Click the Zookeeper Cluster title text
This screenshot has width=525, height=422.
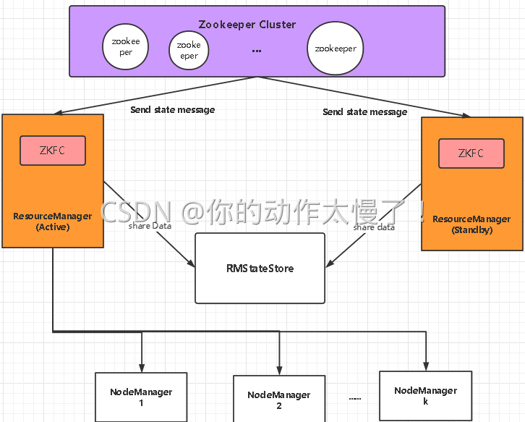(x=247, y=25)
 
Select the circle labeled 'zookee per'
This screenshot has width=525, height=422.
(x=127, y=47)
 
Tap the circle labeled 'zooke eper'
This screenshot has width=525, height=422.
(x=189, y=50)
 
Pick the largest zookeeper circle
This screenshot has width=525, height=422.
(x=335, y=49)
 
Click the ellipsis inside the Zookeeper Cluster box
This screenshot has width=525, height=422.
(x=257, y=51)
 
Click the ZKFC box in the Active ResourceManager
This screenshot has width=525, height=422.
(x=52, y=151)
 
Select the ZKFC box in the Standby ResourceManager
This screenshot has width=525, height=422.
(x=471, y=153)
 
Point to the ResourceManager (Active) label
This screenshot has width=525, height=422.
(x=52, y=221)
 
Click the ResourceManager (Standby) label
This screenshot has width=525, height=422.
(x=471, y=224)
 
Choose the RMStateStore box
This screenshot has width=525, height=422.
(x=260, y=268)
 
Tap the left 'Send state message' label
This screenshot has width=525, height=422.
(x=172, y=110)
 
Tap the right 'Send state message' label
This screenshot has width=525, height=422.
(x=364, y=112)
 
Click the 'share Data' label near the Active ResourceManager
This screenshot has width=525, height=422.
(x=150, y=227)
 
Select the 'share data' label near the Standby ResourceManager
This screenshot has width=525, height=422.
(x=374, y=227)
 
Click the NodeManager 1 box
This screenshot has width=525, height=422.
(x=141, y=397)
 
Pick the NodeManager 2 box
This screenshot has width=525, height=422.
(x=278, y=400)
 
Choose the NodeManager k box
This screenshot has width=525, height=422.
(x=425, y=395)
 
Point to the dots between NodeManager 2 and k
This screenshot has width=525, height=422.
(x=354, y=398)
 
